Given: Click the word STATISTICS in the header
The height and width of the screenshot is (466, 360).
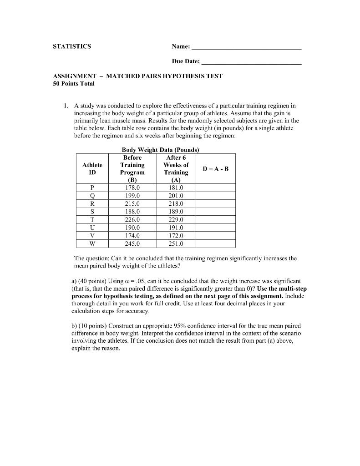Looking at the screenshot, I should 72,46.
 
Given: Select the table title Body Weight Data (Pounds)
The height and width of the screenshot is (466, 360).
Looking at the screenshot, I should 161,150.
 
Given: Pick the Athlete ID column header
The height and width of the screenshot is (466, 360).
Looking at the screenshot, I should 92,168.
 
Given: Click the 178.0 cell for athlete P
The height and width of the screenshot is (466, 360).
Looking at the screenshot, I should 132,187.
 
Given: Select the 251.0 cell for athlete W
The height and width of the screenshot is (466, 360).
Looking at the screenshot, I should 176,243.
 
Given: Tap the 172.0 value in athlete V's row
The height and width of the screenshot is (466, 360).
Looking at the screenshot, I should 176,236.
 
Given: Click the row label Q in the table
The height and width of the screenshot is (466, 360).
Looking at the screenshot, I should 92,196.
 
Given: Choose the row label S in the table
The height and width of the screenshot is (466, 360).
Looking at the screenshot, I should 92,212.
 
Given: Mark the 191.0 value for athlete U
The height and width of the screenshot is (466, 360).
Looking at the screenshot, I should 176,228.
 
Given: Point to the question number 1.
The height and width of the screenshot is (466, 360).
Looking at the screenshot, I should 66,106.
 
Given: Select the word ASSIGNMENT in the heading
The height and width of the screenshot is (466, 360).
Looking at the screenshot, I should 75,76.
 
